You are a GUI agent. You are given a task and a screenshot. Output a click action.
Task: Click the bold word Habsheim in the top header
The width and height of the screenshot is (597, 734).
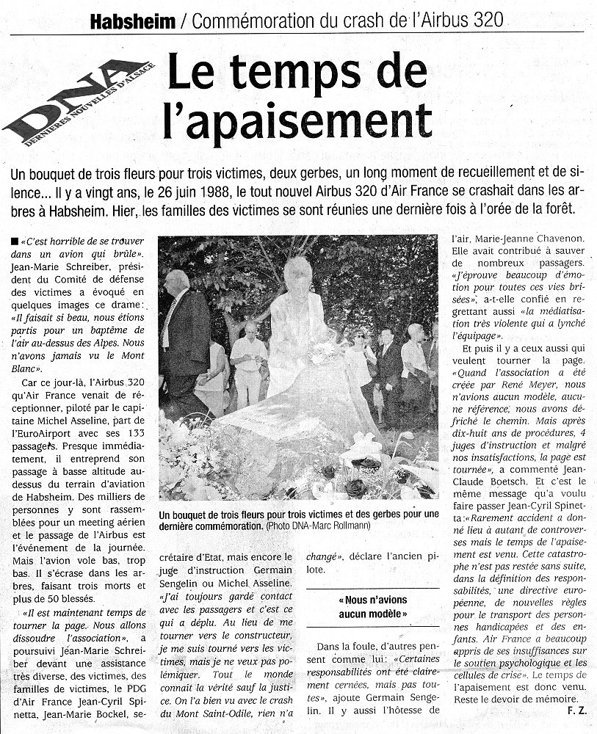tap(133, 22)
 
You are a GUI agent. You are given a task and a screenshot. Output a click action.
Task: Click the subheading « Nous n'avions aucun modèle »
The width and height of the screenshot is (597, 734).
tap(372, 606)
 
